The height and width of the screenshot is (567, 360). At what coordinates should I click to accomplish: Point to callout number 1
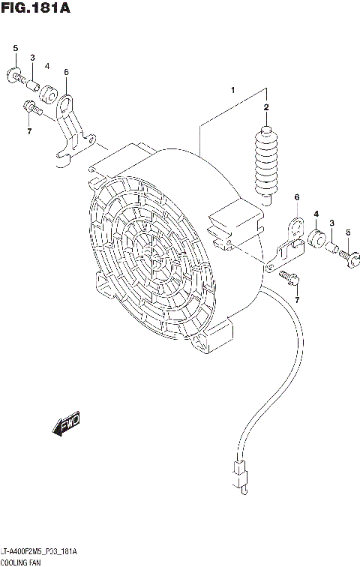coord(233,91)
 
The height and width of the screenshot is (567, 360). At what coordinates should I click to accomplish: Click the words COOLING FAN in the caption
coord(20,562)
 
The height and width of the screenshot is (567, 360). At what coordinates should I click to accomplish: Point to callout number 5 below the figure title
coord(15,49)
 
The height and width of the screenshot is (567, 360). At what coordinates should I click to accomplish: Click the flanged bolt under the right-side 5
coord(350,257)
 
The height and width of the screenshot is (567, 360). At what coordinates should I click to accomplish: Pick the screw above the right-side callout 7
coord(289,278)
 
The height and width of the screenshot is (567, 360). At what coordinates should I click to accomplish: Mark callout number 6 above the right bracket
coord(296,197)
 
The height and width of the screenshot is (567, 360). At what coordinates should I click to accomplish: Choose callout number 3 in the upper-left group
coord(32,58)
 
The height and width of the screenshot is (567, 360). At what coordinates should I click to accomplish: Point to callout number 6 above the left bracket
coord(66,72)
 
